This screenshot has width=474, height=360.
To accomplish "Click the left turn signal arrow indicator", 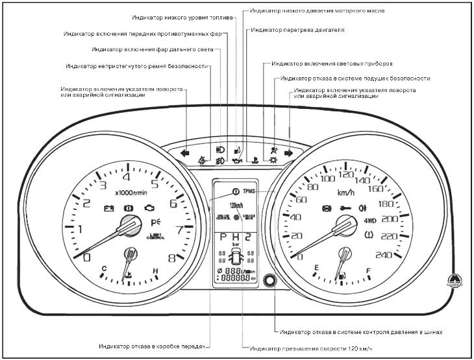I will (186, 154).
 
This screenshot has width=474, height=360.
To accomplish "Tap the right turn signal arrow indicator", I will (288, 154).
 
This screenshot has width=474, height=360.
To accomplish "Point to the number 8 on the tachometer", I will (171, 257).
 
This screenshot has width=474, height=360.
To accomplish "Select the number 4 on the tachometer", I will (126, 176).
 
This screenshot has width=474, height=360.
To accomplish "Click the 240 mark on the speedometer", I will (384, 255).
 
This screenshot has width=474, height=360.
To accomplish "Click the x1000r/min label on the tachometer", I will (131, 192).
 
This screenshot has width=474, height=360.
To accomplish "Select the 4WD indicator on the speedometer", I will (371, 219).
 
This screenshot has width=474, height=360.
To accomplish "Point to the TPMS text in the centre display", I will (250, 192).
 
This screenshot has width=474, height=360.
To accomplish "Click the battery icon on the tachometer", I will (108, 209).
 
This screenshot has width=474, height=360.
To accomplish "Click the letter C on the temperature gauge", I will (104, 268).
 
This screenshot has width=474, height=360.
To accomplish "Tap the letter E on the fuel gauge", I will (317, 268).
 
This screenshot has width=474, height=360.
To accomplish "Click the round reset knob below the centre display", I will (266, 282).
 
